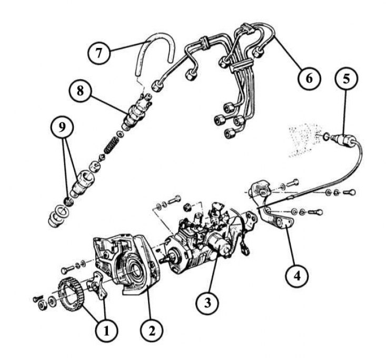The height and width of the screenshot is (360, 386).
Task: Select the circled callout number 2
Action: click(x=152, y=330)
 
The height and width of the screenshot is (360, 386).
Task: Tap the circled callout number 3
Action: click(x=207, y=303)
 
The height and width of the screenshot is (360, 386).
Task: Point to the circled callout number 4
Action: click(x=297, y=276)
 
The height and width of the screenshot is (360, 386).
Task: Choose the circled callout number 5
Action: click(x=346, y=79)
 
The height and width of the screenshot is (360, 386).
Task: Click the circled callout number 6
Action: click(x=309, y=79)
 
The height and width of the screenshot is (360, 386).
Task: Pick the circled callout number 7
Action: click(x=99, y=53)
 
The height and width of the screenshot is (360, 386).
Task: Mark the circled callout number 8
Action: click(x=80, y=91)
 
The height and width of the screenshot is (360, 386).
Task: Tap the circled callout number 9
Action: click(x=62, y=127)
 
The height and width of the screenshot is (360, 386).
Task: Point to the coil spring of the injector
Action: click(x=111, y=144)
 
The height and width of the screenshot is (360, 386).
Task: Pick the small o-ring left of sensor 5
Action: click(x=325, y=137)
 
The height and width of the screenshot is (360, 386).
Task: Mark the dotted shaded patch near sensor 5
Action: click(x=304, y=140)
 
